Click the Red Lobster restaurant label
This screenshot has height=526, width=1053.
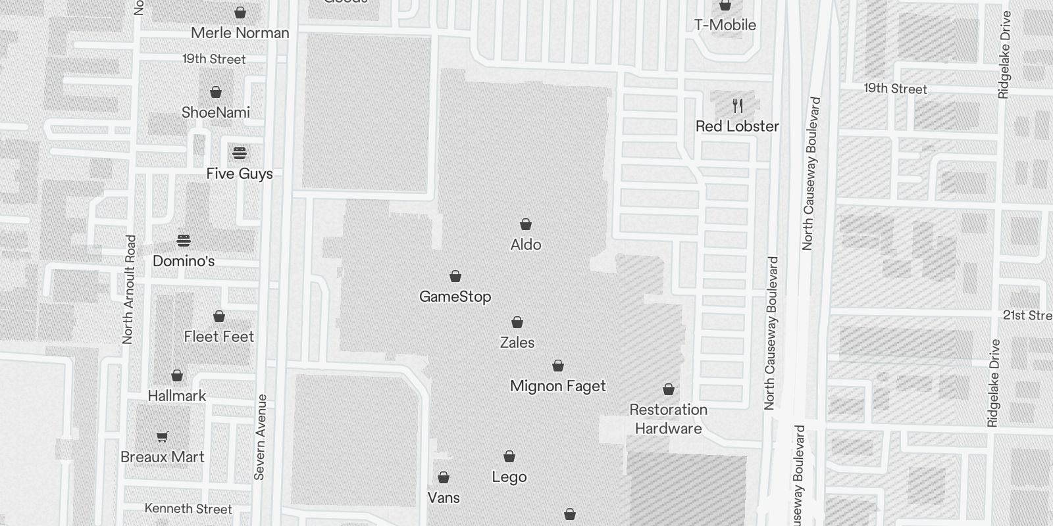(737, 126)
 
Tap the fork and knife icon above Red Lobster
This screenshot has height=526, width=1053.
(738, 106)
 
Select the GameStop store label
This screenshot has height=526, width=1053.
(455, 297)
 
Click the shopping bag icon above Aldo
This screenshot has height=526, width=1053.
(526, 225)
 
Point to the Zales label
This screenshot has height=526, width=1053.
(517, 343)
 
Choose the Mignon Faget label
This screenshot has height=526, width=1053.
(557, 386)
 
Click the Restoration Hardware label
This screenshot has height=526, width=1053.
(668, 419)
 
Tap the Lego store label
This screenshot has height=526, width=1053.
(509, 477)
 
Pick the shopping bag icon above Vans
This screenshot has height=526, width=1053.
(444, 477)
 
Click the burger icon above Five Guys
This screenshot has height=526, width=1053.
(240, 154)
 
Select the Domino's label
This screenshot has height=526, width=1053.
(184, 261)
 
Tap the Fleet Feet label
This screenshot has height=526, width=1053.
(218, 337)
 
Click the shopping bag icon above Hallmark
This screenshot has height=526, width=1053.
(177, 376)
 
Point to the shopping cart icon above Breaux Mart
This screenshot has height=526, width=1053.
(163, 437)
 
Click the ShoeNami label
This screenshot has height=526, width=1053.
(216, 112)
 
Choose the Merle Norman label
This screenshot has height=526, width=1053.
(240, 33)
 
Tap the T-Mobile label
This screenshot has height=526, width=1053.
(725, 25)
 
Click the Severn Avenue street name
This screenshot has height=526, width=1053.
(261, 437)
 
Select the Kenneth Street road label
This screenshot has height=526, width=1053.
(188, 509)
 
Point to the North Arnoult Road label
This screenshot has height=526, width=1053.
(129, 289)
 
